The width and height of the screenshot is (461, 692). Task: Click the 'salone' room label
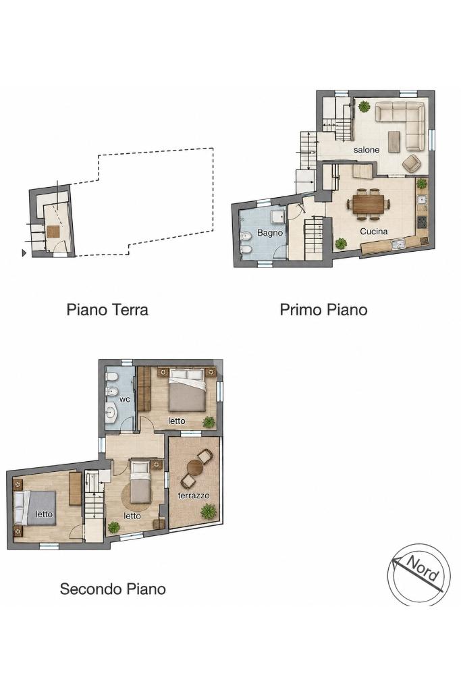pyautogui.click(x=366, y=150)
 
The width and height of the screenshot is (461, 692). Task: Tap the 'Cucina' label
pyautogui.click(x=373, y=232)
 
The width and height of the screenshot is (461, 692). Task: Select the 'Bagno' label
pyautogui.click(x=269, y=232)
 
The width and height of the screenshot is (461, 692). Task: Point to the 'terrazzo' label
pyautogui.click(x=194, y=496)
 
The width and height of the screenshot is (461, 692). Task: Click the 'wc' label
pyautogui.click(x=125, y=400)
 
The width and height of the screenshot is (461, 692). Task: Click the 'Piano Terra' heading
pyautogui.click(x=107, y=309)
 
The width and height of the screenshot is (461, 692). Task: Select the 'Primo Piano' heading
pyautogui.click(x=323, y=309)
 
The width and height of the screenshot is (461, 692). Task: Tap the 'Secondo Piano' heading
pyautogui.click(x=113, y=589)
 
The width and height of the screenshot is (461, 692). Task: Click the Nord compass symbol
pyautogui.click(x=418, y=575)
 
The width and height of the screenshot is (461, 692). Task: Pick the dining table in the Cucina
pyautogui.click(x=369, y=204)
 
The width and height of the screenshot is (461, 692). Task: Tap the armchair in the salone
pyautogui.click(x=412, y=163)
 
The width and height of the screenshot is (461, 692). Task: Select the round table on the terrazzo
pyautogui.click(x=194, y=467)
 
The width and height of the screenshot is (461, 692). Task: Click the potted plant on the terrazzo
pyautogui.click(x=208, y=512)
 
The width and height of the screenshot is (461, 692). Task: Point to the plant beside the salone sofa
pyautogui.click(x=364, y=107)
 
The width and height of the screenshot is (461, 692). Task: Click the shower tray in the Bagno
pyautogui.click(x=278, y=217)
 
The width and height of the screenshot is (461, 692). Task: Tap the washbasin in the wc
pyautogui.click(x=111, y=413)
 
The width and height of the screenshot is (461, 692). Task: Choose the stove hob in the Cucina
pyautogui.click(x=422, y=220)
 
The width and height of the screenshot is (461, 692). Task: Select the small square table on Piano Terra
pyautogui.click(x=53, y=232)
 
